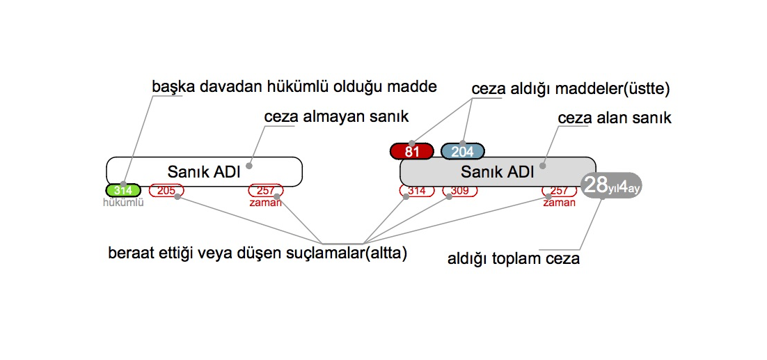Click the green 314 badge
pos(123,190)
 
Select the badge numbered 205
pos(166,190)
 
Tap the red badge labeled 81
pos(412,151)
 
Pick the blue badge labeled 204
pos(462,151)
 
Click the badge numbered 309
pos(459,190)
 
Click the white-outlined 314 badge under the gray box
pos(416,190)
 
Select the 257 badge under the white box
pos(266,190)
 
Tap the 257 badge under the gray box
pos(560,190)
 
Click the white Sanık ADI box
pos(204,171)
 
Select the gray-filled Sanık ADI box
pos(497,171)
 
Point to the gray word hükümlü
pos(123,203)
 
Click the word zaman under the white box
pos(266,203)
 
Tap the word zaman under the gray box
pos(560,203)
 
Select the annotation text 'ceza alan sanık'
pos(615,118)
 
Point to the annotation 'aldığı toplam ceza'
pos(514,259)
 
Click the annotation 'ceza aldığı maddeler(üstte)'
pos(570,89)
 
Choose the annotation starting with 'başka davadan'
pos(294,86)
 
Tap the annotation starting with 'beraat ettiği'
pos(258,253)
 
